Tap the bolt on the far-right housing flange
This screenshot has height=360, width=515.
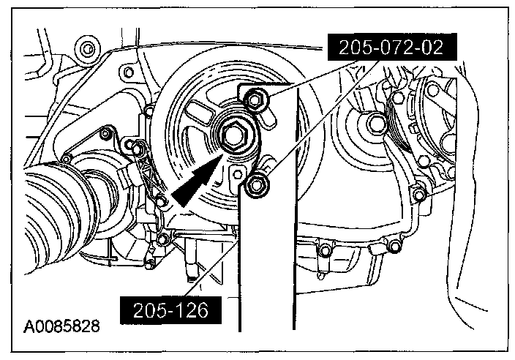point(419,195)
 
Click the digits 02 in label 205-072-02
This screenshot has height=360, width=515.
point(442,49)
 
